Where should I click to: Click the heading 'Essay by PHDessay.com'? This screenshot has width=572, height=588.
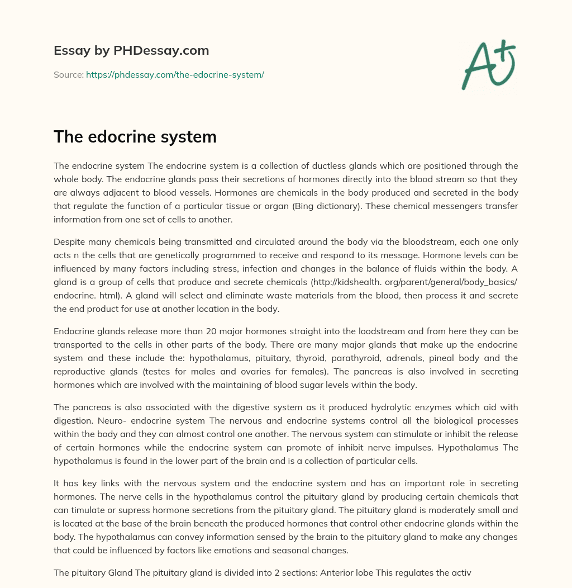(x=131, y=51)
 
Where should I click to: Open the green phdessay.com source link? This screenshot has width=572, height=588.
(x=175, y=74)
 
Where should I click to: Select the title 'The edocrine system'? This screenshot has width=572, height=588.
(x=135, y=137)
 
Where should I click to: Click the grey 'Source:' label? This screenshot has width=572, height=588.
(x=69, y=74)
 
